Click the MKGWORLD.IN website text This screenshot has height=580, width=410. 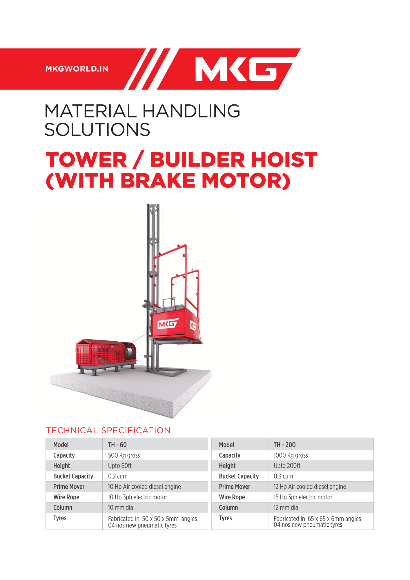pos(77,69)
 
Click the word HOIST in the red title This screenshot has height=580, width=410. pos(284,160)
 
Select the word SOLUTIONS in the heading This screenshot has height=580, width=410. pos(97,129)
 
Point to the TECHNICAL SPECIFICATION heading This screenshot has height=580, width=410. pos(108,430)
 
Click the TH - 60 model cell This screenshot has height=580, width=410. pos(117,445)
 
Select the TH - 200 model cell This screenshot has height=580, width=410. pos(284,445)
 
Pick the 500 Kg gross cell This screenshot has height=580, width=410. pos(124,455)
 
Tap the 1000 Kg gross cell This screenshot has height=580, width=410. pos(291,455)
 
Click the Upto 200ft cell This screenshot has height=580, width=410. pos(287,466)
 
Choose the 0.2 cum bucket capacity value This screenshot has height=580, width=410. pos(118,476)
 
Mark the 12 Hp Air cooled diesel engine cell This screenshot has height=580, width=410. pos(310,487)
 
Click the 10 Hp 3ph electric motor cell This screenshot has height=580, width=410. pos(138,497)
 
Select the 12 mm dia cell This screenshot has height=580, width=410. pos(286,507)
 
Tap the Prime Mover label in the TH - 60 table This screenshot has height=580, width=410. pos(69,487)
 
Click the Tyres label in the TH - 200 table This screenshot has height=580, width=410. pos(226,518)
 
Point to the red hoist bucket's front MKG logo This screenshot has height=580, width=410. pos(168,324)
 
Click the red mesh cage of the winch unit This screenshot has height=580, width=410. pos(100,353)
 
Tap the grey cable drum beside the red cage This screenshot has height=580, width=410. pos(130,352)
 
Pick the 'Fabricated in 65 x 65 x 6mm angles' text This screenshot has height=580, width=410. pos(318,519)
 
